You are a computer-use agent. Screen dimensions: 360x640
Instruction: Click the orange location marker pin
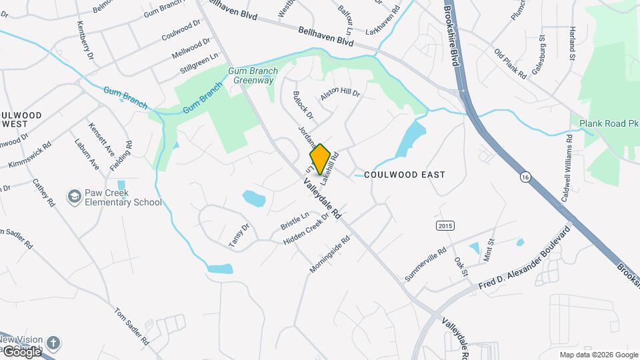320,159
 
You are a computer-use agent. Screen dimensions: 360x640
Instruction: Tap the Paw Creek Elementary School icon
74,197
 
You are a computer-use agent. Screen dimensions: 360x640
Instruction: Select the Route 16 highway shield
525,177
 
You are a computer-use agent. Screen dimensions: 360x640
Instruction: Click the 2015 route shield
445,226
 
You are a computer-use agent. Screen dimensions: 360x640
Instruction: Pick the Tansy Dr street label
239,236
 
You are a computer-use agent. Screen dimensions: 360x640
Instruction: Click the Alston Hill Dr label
340,94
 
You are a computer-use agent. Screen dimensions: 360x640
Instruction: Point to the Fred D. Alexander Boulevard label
525,259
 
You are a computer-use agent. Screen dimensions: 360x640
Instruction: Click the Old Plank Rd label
511,64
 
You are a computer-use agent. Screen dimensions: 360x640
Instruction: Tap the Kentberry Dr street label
84,40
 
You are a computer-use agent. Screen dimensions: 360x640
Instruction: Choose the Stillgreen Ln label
199,65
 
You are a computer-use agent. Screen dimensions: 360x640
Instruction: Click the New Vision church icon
53,343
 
